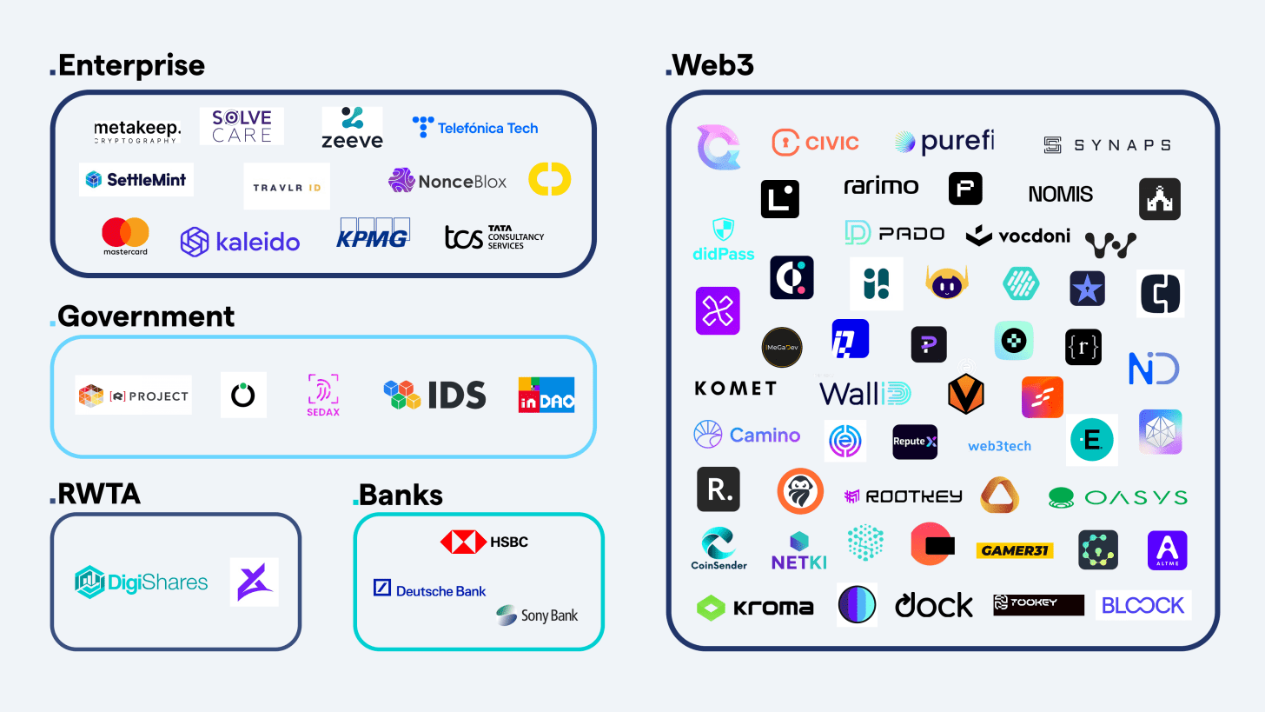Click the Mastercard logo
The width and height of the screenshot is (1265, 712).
[125, 236]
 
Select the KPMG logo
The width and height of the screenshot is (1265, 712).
[373, 233]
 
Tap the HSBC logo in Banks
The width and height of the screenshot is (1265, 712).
[484, 542]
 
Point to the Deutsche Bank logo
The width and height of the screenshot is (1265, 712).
[429, 589]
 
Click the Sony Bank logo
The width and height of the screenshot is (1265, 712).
[537, 616]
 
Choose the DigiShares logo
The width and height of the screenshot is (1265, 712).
[142, 582]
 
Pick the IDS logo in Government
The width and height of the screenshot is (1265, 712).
[435, 395]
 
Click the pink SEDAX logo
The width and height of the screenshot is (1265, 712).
[323, 395]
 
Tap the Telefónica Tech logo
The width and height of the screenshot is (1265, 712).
[475, 128]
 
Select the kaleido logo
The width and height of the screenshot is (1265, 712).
[240, 241]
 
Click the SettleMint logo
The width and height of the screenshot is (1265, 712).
[136, 180]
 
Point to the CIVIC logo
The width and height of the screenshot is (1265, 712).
[815, 143]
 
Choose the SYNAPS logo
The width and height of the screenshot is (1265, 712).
[1107, 145]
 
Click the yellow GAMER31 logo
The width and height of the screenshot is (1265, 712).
[1015, 550]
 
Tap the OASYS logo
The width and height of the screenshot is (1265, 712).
[1117, 497]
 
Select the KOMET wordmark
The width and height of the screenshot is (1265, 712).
[735, 389]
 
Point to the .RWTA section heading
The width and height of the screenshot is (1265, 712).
[95, 494]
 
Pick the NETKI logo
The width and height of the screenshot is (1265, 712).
[799, 551]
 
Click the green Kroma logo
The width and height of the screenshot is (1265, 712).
[755, 607]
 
